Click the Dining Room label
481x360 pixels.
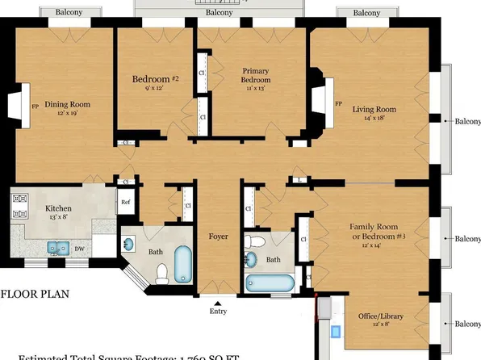(67, 104)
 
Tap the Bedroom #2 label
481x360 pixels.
(155, 79)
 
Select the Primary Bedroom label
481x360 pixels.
(255, 76)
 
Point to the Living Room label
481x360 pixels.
(379, 109)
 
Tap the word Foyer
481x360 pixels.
(218, 237)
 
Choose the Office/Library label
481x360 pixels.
(381, 316)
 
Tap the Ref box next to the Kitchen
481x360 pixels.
(126, 203)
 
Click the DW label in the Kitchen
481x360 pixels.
(79, 249)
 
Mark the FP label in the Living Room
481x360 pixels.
(337, 104)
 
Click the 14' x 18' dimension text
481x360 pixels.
(379, 118)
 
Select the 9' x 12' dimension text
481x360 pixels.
(154, 88)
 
